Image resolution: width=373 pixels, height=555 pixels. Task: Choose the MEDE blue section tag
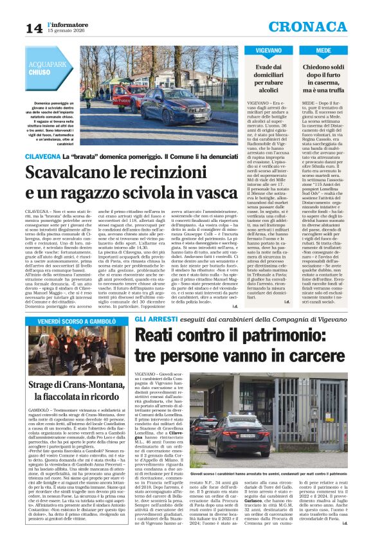pyautogui.click(x=323, y=50)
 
